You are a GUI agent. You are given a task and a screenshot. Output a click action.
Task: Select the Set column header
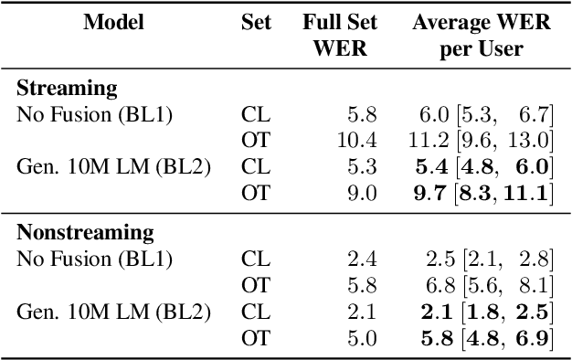click(x=257, y=22)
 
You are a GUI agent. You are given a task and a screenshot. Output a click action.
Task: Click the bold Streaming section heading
click(x=68, y=89)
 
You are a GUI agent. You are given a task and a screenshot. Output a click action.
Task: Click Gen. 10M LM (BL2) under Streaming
click(x=111, y=166)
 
